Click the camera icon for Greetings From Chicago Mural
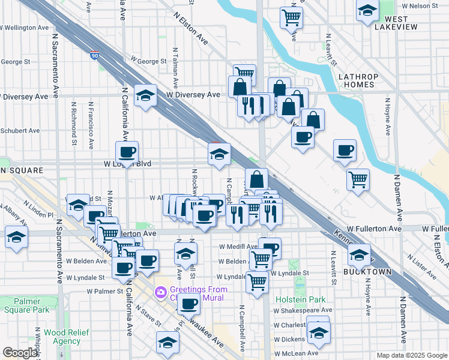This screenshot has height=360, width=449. [x=160, y=293]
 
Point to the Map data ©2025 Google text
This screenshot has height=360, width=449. [x=411, y=355]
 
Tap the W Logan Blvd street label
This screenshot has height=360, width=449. [x=127, y=163]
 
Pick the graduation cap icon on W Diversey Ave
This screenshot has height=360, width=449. [x=145, y=96]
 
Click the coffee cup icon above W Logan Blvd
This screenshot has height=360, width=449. [x=127, y=152]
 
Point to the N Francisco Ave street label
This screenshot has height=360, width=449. [x=90, y=125]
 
